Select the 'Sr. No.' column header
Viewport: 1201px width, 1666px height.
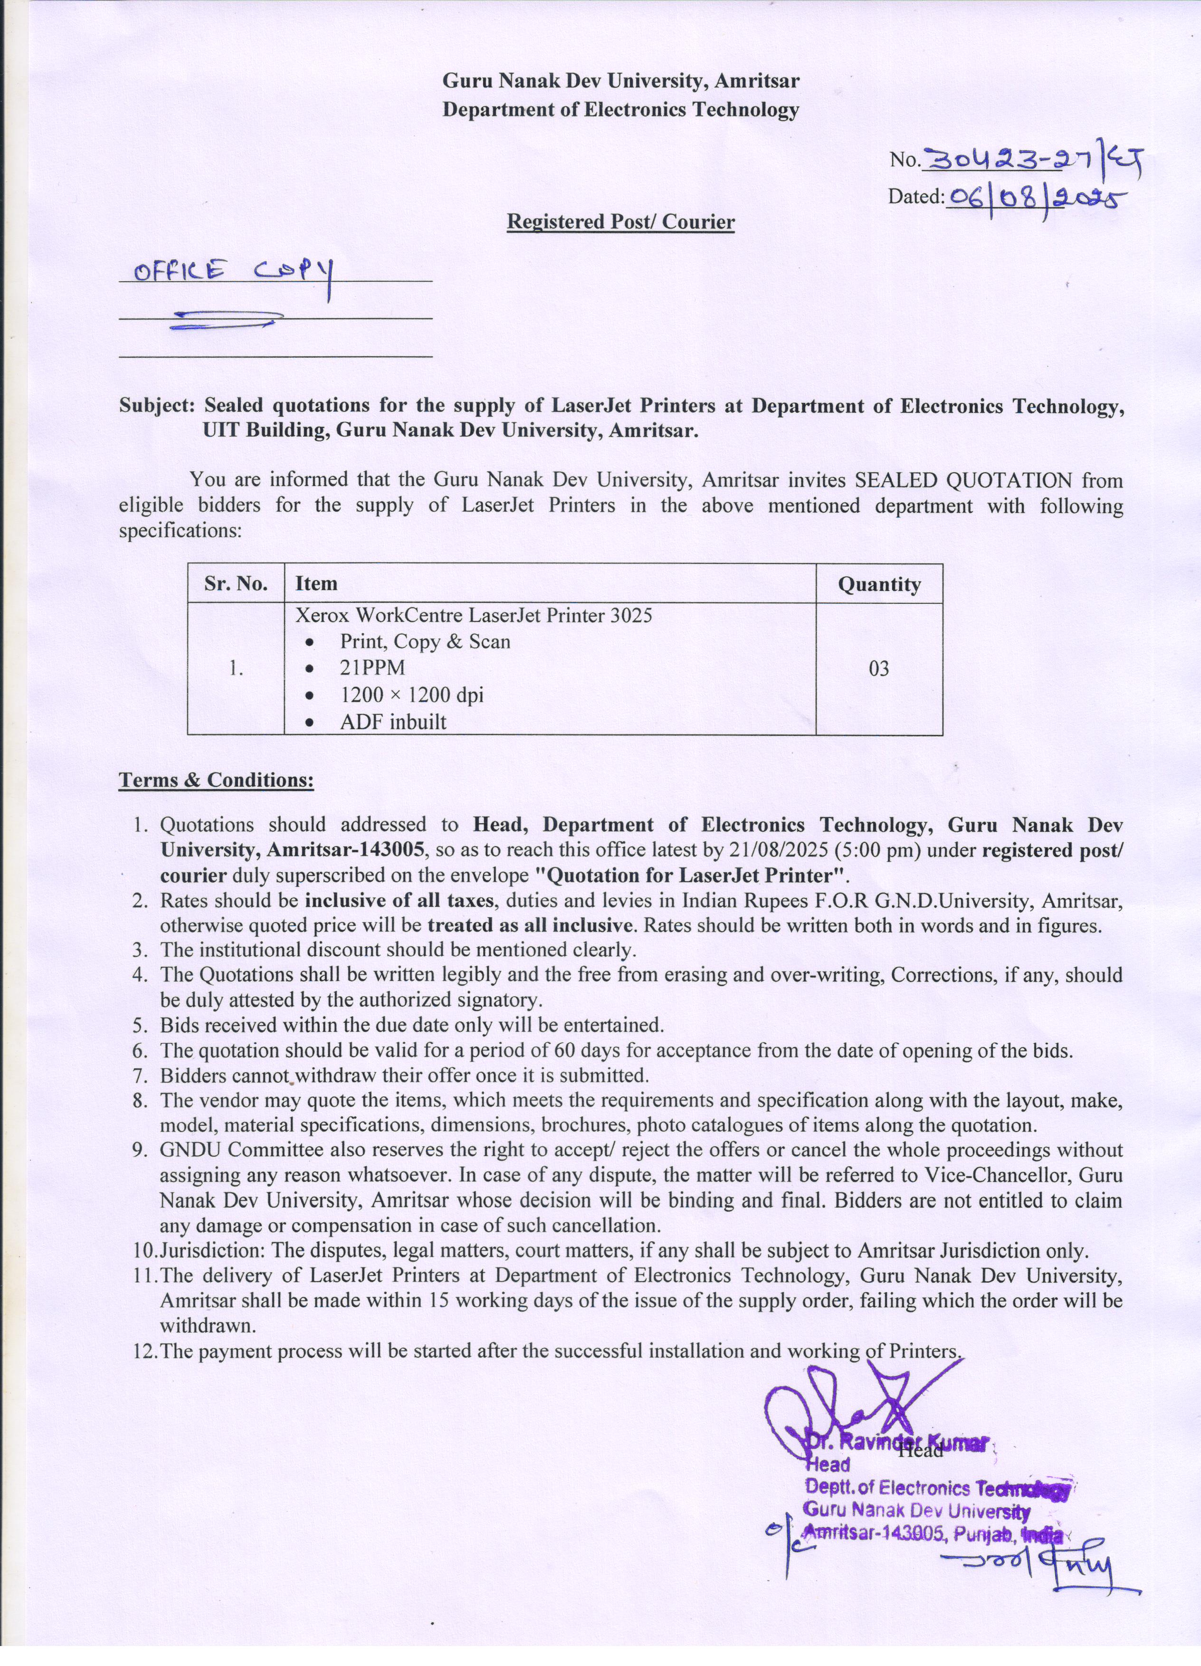pyautogui.click(x=236, y=583)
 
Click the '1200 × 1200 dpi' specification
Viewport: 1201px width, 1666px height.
pyautogui.click(x=411, y=695)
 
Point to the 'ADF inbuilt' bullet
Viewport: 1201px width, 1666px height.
pyautogui.click(x=393, y=721)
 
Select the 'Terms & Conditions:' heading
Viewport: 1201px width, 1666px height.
pyautogui.click(x=217, y=780)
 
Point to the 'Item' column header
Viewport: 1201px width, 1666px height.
pyautogui.click(x=316, y=583)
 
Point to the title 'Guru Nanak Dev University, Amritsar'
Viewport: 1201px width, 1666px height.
pyautogui.click(x=621, y=80)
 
